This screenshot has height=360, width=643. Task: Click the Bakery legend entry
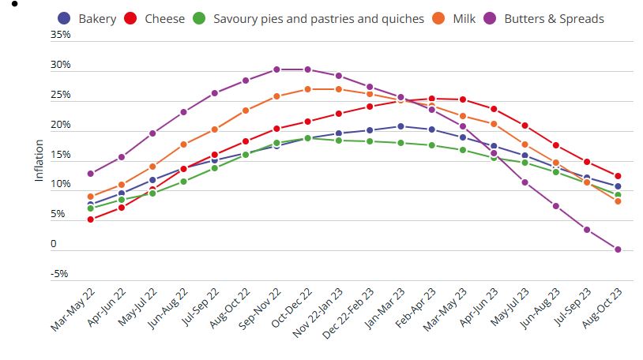tap(87, 18)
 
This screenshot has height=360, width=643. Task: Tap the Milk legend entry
tap(455, 18)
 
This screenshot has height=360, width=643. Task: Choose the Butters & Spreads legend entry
tap(545, 18)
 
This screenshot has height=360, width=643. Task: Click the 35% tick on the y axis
tap(61, 36)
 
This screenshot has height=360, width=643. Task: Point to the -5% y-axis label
tap(61, 275)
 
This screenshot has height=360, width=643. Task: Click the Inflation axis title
tap(39, 161)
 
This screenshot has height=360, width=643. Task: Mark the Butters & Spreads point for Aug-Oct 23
tap(618, 249)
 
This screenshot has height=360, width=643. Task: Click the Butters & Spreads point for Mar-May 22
tap(91, 174)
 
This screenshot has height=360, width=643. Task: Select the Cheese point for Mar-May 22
tap(91, 219)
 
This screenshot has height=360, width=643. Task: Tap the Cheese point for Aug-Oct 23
tap(618, 176)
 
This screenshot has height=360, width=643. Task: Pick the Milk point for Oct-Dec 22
tap(308, 89)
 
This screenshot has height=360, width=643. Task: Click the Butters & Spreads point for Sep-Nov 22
tap(276, 69)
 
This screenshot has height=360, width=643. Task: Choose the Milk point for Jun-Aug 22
tap(184, 144)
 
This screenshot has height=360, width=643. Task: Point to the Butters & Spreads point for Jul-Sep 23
tap(587, 230)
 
